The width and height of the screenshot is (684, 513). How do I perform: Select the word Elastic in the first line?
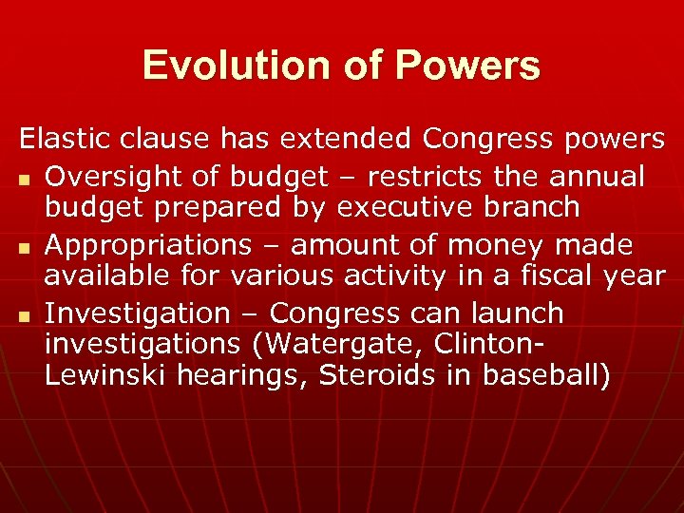[66, 139]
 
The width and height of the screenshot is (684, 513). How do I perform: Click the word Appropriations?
[147, 245]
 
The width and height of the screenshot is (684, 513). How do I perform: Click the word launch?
[519, 313]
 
